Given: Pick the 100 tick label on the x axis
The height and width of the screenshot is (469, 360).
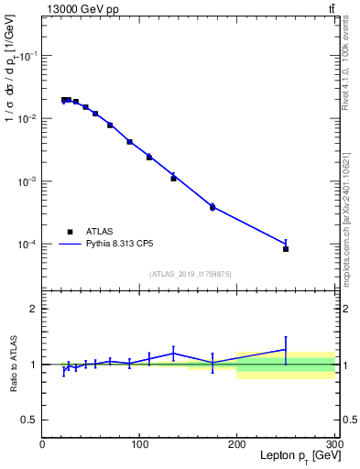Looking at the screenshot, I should pos(139,443).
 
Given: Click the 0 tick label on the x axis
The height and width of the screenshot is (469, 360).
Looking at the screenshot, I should pos(42,443).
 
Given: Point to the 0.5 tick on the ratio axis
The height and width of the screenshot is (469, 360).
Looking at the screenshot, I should pos(30,420).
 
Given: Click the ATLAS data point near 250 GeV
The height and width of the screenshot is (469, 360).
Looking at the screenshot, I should pos(286,248).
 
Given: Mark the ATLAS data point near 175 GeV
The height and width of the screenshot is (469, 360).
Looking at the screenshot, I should pos(213,208).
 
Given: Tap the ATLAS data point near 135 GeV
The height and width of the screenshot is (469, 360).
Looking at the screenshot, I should pos(173,178).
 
